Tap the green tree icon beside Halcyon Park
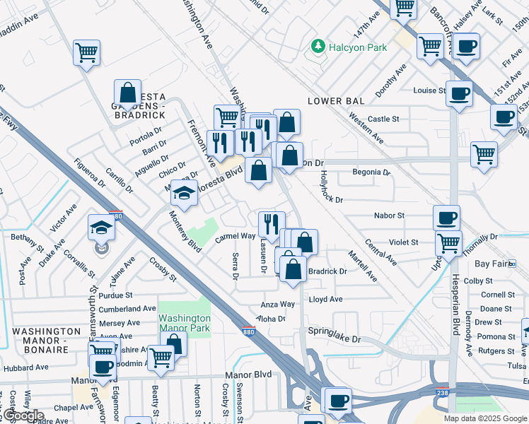click(318, 47)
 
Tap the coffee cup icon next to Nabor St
click(447, 218)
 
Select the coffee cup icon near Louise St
click(459, 93)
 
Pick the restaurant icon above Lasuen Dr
click(272, 224)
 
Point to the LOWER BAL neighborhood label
click(336, 101)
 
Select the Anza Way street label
click(278, 305)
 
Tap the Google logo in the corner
click(23, 416)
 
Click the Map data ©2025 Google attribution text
click(485, 418)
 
